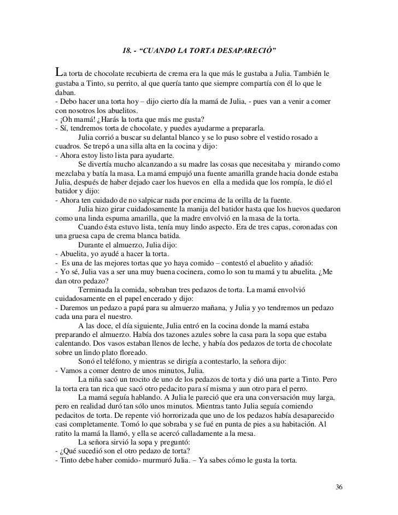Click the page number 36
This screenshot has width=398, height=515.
click(339, 487)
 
